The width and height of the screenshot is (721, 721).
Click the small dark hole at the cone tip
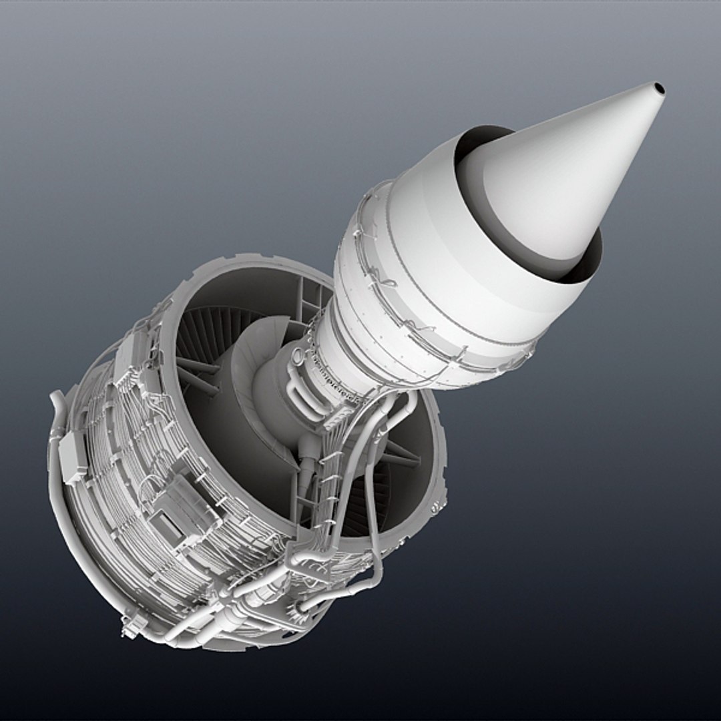coord(659,88)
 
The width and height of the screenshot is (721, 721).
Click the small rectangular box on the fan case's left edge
coord(73,457)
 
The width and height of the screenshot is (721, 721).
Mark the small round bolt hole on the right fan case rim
coord(436,508)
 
